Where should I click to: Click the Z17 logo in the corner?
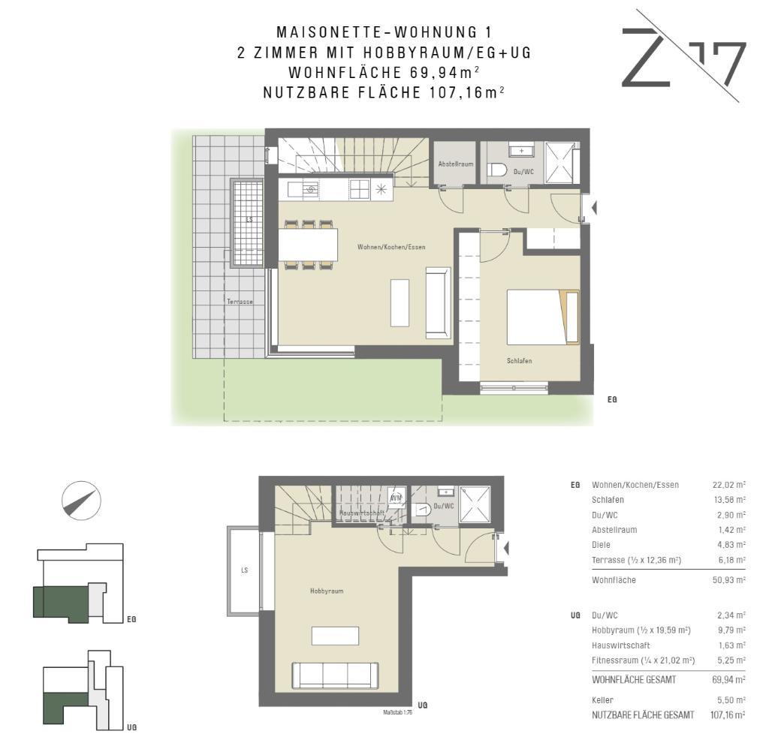pos(683,56)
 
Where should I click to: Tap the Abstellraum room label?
pos(456,164)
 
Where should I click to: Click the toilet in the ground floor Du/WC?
pos(497,170)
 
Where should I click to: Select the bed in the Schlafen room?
pos(543,317)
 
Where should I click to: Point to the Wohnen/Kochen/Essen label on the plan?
pos(391,247)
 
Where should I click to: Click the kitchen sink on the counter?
pos(309,189)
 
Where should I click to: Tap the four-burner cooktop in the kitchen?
pos(359,190)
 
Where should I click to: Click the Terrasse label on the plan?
pos(240,302)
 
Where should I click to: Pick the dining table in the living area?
pos(308,245)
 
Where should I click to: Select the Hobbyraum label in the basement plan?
pos(327,591)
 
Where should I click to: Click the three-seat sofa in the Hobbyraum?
pos(335,675)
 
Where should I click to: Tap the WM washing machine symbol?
pos(396,498)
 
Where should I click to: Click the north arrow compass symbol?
pos(81,501)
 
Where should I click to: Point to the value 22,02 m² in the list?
pos(728,485)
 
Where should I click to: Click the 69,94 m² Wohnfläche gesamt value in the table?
pos(728,680)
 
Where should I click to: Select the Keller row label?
pos(602,700)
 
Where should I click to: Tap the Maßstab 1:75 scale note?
pos(397,713)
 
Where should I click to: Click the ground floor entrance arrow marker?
pos(594,208)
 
